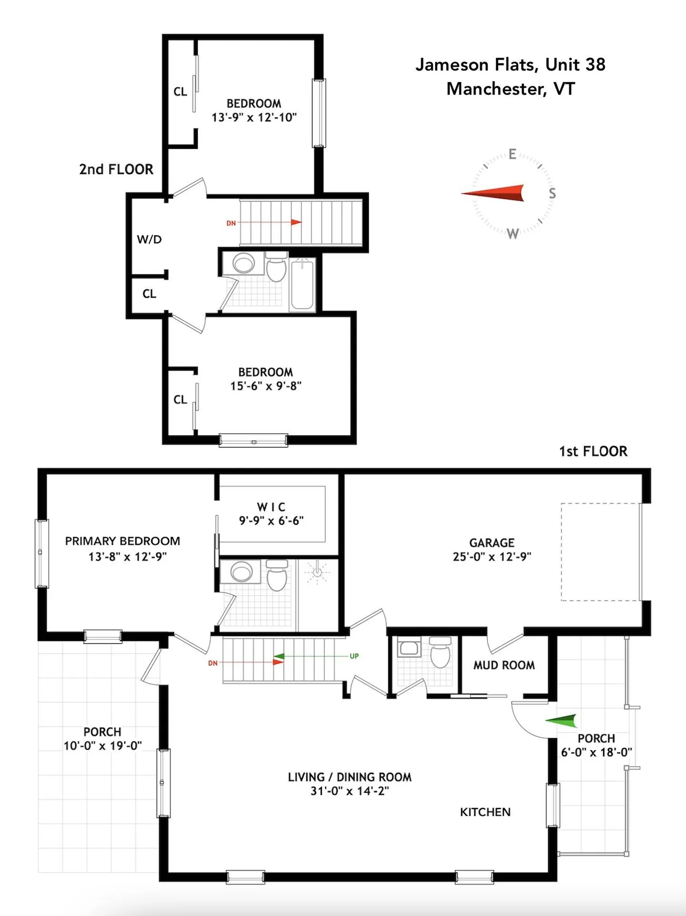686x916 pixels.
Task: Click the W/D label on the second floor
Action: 149,239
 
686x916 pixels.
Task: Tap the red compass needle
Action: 493,193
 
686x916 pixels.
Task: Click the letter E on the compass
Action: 512,154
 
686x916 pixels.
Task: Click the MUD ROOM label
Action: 504,665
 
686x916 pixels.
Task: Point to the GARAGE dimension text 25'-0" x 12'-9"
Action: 491,557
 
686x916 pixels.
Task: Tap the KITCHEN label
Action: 485,812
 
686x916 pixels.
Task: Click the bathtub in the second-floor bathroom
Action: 302,284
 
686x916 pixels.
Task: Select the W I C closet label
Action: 271,507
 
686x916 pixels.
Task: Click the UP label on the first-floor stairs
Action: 354,656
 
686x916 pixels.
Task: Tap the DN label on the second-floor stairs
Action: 231,223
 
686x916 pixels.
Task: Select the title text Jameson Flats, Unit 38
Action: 510,64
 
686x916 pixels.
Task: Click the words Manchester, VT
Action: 510,89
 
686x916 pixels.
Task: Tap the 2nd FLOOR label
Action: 116,169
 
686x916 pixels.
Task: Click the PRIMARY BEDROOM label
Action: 123,541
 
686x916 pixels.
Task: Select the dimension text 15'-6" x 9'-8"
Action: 266,386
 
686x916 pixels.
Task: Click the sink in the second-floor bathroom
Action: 244,263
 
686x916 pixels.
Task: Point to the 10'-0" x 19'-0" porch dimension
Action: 103,746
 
